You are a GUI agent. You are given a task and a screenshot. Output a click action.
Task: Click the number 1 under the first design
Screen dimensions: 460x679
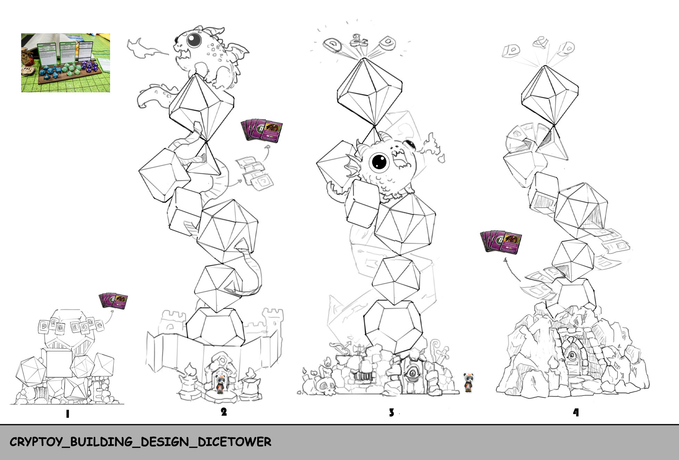(x=67, y=414)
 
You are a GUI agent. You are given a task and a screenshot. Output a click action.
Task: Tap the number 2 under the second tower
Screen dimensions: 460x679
(x=224, y=412)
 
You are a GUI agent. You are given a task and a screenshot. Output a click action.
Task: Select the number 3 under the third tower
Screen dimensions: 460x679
(x=391, y=412)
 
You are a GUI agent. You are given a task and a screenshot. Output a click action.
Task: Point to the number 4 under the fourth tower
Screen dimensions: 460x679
(x=576, y=412)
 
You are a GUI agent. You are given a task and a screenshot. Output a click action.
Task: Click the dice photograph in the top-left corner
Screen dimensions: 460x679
(x=66, y=63)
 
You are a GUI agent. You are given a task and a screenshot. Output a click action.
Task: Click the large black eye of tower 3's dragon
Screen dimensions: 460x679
(x=379, y=161)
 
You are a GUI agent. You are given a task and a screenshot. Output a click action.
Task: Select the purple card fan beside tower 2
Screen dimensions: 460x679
(x=262, y=131)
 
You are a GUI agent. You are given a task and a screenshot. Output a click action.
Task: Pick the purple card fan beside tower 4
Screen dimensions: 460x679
(x=501, y=242)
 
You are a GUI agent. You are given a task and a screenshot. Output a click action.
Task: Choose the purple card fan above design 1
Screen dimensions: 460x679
(x=113, y=301)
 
